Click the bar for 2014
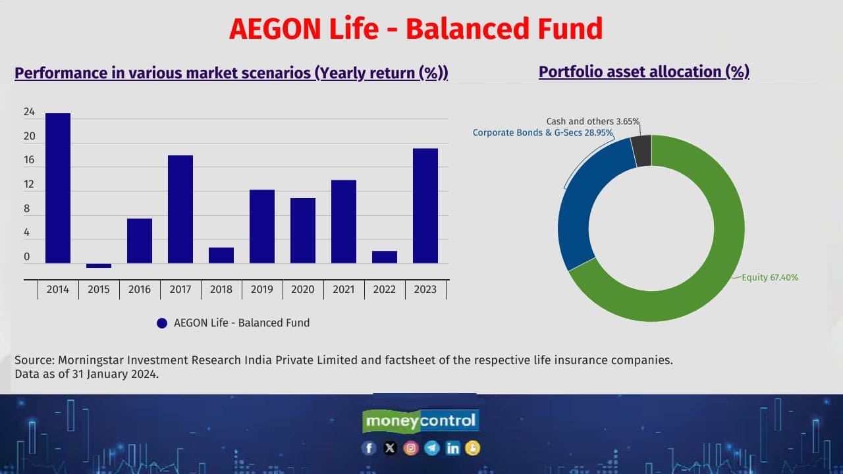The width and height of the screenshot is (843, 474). pyautogui.click(x=58, y=188)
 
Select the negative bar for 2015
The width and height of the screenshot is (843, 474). pyautogui.click(x=99, y=266)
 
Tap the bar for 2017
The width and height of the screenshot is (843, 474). pyautogui.click(x=180, y=209)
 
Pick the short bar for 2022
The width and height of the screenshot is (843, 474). pyautogui.click(x=385, y=257)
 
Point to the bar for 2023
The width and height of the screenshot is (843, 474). pyautogui.click(x=425, y=205)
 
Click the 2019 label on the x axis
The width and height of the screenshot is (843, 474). pyautogui.click(x=262, y=290)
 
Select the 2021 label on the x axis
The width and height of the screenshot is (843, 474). pyautogui.click(x=344, y=290)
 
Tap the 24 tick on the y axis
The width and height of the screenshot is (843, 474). pyautogui.click(x=30, y=113)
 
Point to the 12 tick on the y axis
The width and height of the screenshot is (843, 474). pyautogui.click(x=30, y=185)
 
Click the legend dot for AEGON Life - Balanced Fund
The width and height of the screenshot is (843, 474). pyautogui.click(x=162, y=323)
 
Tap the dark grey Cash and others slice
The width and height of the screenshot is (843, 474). pyautogui.click(x=641, y=151)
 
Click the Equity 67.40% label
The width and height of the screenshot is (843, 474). pyautogui.click(x=770, y=278)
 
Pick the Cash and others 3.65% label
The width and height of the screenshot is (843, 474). pyautogui.click(x=593, y=122)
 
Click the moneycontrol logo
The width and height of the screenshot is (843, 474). pyautogui.click(x=420, y=421)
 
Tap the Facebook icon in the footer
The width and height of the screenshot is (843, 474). pyautogui.click(x=369, y=448)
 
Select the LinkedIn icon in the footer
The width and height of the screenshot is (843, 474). pyautogui.click(x=452, y=448)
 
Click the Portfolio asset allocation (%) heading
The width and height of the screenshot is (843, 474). pyautogui.click(x=643, y=72)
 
